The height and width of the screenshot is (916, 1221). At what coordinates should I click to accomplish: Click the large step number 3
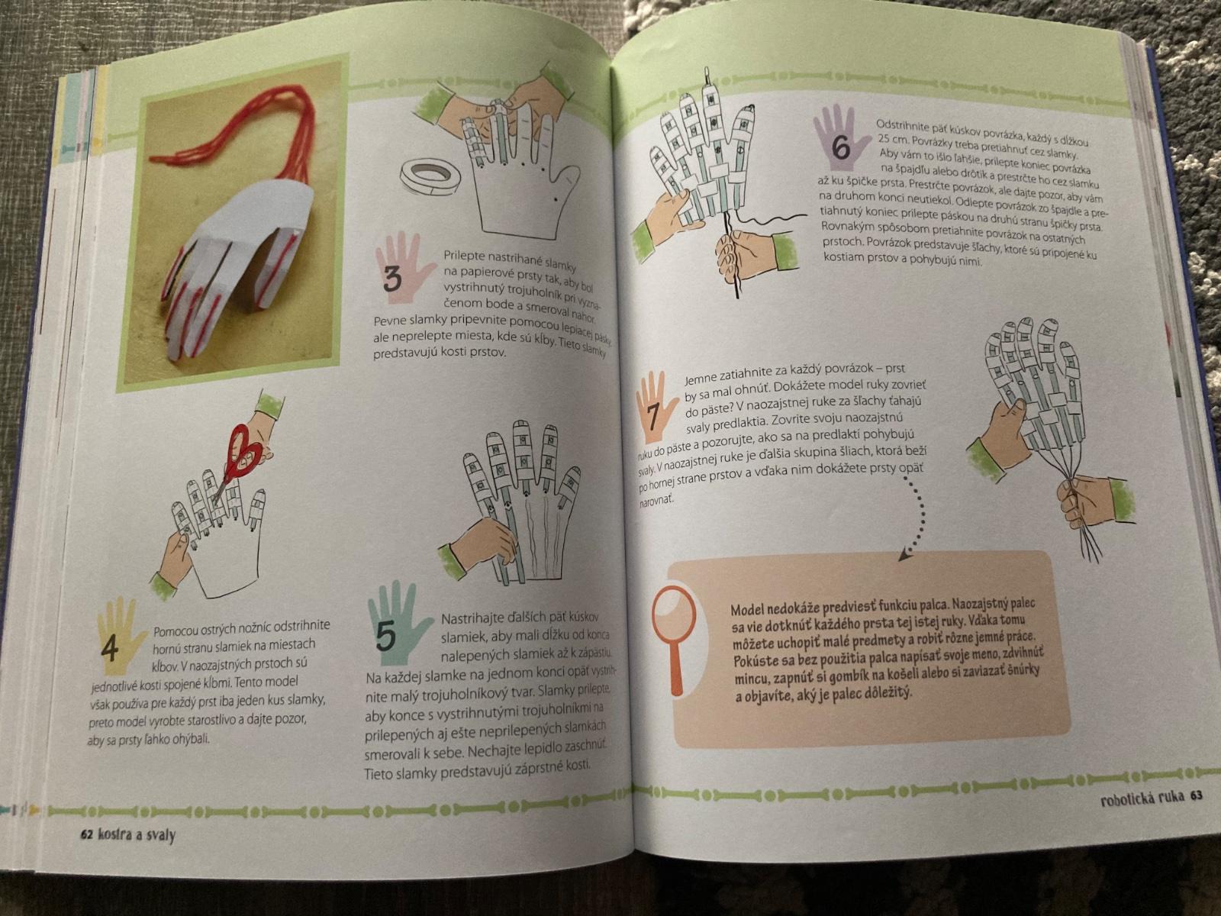tap(393, 279)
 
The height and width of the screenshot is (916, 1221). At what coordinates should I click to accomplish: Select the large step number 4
tap(110, 649)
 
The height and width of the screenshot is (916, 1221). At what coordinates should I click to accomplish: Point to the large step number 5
tap(385, 636)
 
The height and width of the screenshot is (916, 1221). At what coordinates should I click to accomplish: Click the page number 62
tap(85, 835)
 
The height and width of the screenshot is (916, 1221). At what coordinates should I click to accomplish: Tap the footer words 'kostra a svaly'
tap(137, 835)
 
